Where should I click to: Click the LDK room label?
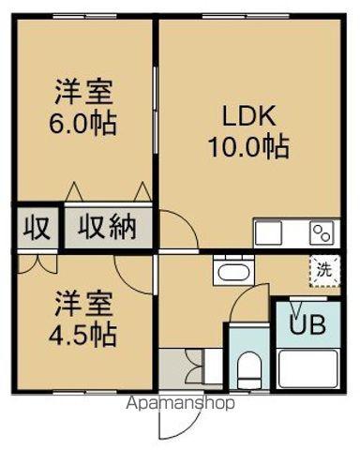click(247, 117)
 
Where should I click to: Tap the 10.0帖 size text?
click(248, 146)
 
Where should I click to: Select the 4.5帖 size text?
click(83, 334)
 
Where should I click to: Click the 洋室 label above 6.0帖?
click(83, 93)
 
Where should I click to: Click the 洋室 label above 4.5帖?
click(83, 305)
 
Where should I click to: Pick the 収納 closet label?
click(109, 227)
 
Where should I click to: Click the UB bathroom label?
click(307, 326)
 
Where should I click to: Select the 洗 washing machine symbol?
click(323, 269)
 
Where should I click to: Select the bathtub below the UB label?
click(307, 370)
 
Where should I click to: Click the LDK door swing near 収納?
click(176, 231)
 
